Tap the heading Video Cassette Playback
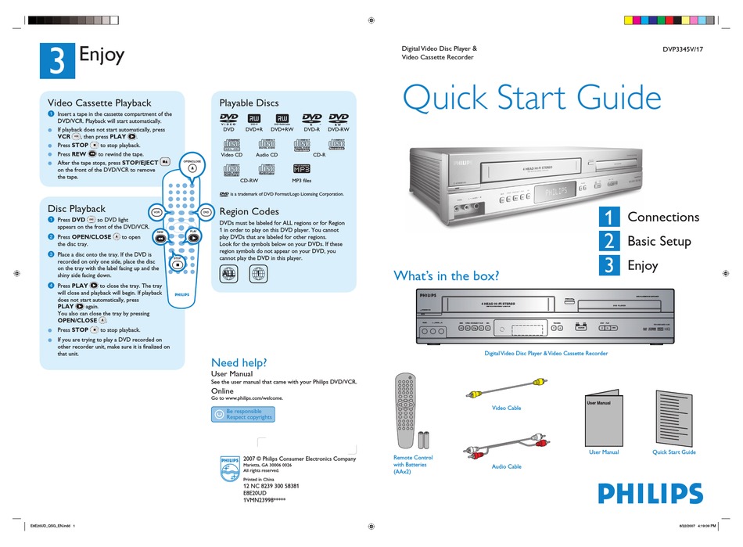99,103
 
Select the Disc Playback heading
76,209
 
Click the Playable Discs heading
249,103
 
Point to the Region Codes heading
249,211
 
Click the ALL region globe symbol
229,274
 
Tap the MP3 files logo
301,167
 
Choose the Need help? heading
239,362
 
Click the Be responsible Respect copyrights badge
242,414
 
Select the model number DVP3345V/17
691,50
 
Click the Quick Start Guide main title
531,98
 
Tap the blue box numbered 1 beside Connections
609,217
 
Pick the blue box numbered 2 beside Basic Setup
609,241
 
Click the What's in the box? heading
446,275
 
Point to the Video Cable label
506,408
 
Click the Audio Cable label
506,466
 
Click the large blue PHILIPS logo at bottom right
650,493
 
